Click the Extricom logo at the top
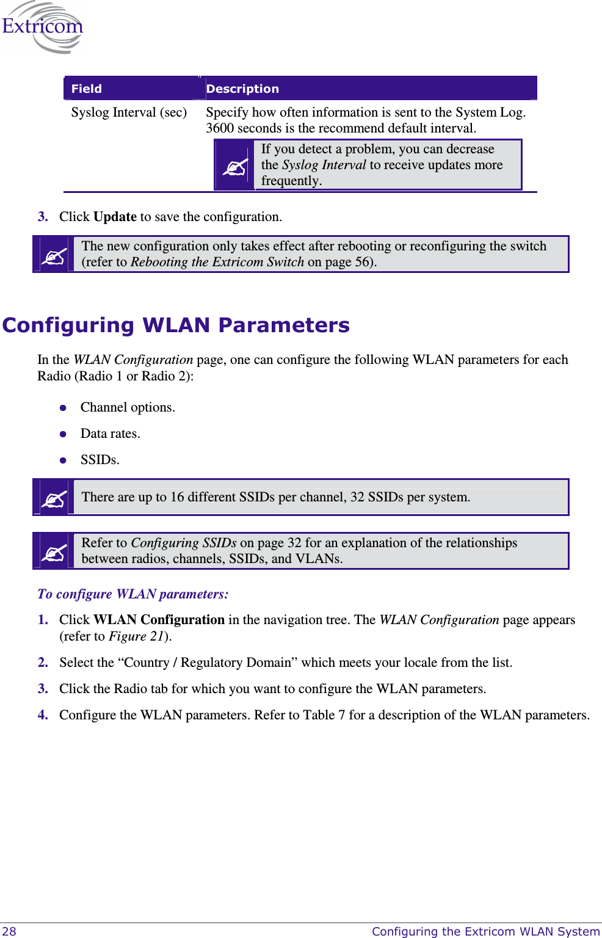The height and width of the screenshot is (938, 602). [42, 27]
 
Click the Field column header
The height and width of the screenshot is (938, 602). [87, 89]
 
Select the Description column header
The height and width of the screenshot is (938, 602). [242, 89]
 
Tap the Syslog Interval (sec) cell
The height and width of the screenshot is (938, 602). [129, 112]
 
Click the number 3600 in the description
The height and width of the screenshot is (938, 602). [219, 128]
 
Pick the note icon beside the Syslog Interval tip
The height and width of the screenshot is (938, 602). [234, 165]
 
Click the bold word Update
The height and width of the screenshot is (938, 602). [115, 217]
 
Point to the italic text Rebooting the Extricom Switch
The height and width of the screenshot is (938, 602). [217, 262]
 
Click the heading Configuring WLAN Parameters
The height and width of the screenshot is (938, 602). [176, 325]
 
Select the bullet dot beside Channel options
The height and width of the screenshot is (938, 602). [63, 408]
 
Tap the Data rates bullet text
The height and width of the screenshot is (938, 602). [111, 434]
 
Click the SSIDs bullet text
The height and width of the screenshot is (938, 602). [100, 460]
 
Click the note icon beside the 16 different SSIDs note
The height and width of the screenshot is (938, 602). [54, 498]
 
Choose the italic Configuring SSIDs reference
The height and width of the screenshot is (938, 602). [184, 543]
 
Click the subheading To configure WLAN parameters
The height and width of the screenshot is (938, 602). [133, 594]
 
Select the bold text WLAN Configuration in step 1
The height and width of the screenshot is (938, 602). [159, 620]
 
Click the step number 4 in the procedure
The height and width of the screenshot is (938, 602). [42, 715]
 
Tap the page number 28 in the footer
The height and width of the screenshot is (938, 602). [9, 931]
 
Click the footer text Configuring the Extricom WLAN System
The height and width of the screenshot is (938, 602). [486, 931]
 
